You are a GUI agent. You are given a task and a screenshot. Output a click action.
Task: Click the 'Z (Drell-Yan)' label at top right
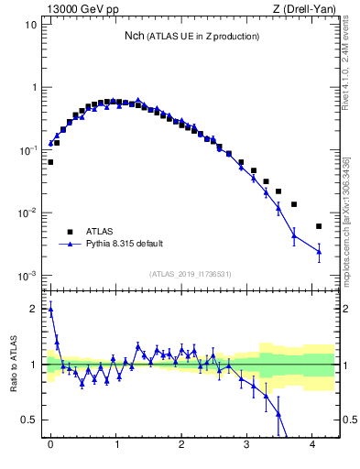click(x=304, y=9)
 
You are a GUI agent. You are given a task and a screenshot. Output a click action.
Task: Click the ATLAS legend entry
click(x=101, y=232)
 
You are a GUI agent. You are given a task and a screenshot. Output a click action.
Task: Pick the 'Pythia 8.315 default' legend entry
click(x=124, y=244)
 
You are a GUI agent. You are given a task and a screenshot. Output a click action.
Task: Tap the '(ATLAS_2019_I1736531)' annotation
click(x=191, y=274)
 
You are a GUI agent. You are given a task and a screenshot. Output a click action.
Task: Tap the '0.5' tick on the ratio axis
click(x=29, y=420)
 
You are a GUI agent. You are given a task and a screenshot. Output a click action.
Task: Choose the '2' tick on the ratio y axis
click(x=33, y=309)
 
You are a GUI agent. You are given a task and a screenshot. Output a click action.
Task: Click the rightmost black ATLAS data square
click(x=319, y=226)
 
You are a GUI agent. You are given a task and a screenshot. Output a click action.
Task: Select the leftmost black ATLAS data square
click(x=50, y=162)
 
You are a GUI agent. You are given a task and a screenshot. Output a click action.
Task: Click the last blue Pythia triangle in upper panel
click(x=319, y=251)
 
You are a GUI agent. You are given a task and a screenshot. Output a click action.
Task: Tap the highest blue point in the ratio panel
click(x=50, y=310)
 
